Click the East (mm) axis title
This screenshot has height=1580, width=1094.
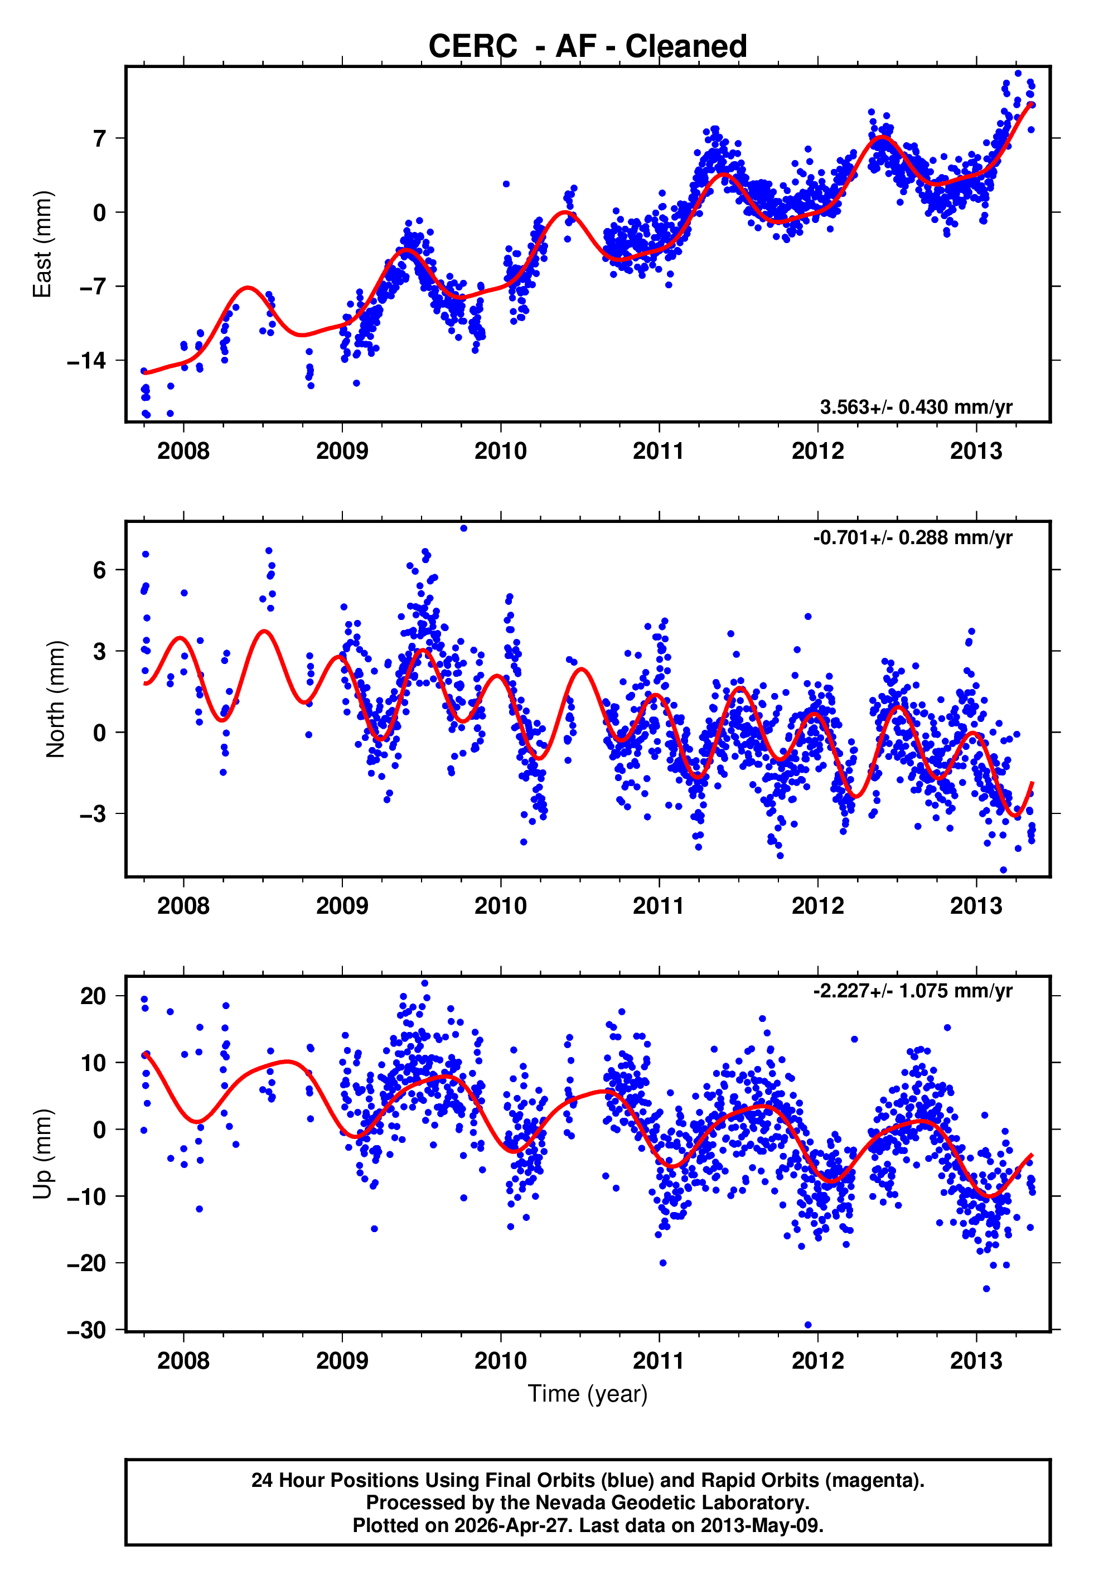tap(42, 244)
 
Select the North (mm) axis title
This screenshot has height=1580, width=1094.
tap(55, 699)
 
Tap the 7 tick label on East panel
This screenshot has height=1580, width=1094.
tap(100, 138)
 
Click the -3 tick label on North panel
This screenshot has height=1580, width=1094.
tap(93, 813)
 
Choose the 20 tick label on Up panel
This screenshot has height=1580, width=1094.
tap(93, 996)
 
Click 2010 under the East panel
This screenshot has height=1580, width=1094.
tap(500, 452)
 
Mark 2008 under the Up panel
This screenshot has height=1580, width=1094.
tap(183, 1361)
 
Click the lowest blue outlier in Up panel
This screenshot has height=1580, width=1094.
tap(807, 1325)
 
